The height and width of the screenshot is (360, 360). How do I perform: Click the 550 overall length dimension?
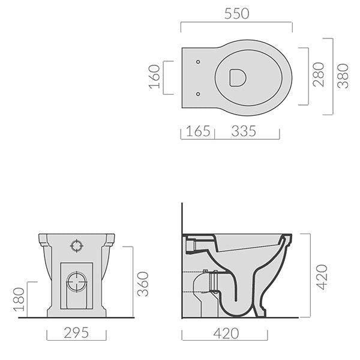(x=236, y=13)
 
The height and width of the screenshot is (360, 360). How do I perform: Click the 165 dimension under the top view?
(x=196, y=130)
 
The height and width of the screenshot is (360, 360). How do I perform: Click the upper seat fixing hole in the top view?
(x=198, y=61)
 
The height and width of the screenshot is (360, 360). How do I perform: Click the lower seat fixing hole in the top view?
(x=198, y=93)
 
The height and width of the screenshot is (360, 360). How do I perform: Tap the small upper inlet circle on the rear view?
(x=77, y=245)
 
